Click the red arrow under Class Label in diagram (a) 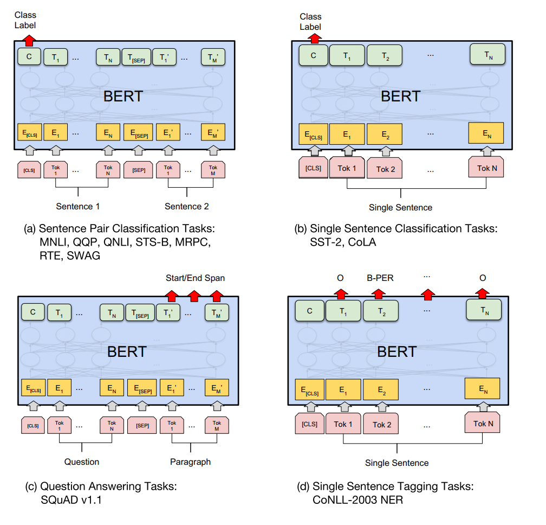[30, 41]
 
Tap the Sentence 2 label [187, 207]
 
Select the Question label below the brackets [82, 462]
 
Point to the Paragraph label [191, 462]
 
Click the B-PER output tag [380, 278]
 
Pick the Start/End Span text [196, 278]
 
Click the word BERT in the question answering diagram [127, 351]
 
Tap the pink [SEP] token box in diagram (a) [139, 170]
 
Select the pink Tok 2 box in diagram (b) [385, 168]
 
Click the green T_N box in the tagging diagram [484, 310]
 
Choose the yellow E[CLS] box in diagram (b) [314, 134]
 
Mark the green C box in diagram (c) [32, 312]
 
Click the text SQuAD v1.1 [71, 500]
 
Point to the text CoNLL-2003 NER [357, 500]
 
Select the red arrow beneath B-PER [379, 294]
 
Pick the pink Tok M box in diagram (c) [217, 425]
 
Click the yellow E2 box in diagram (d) [381, 389]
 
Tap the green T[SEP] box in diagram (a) [136, 57]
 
